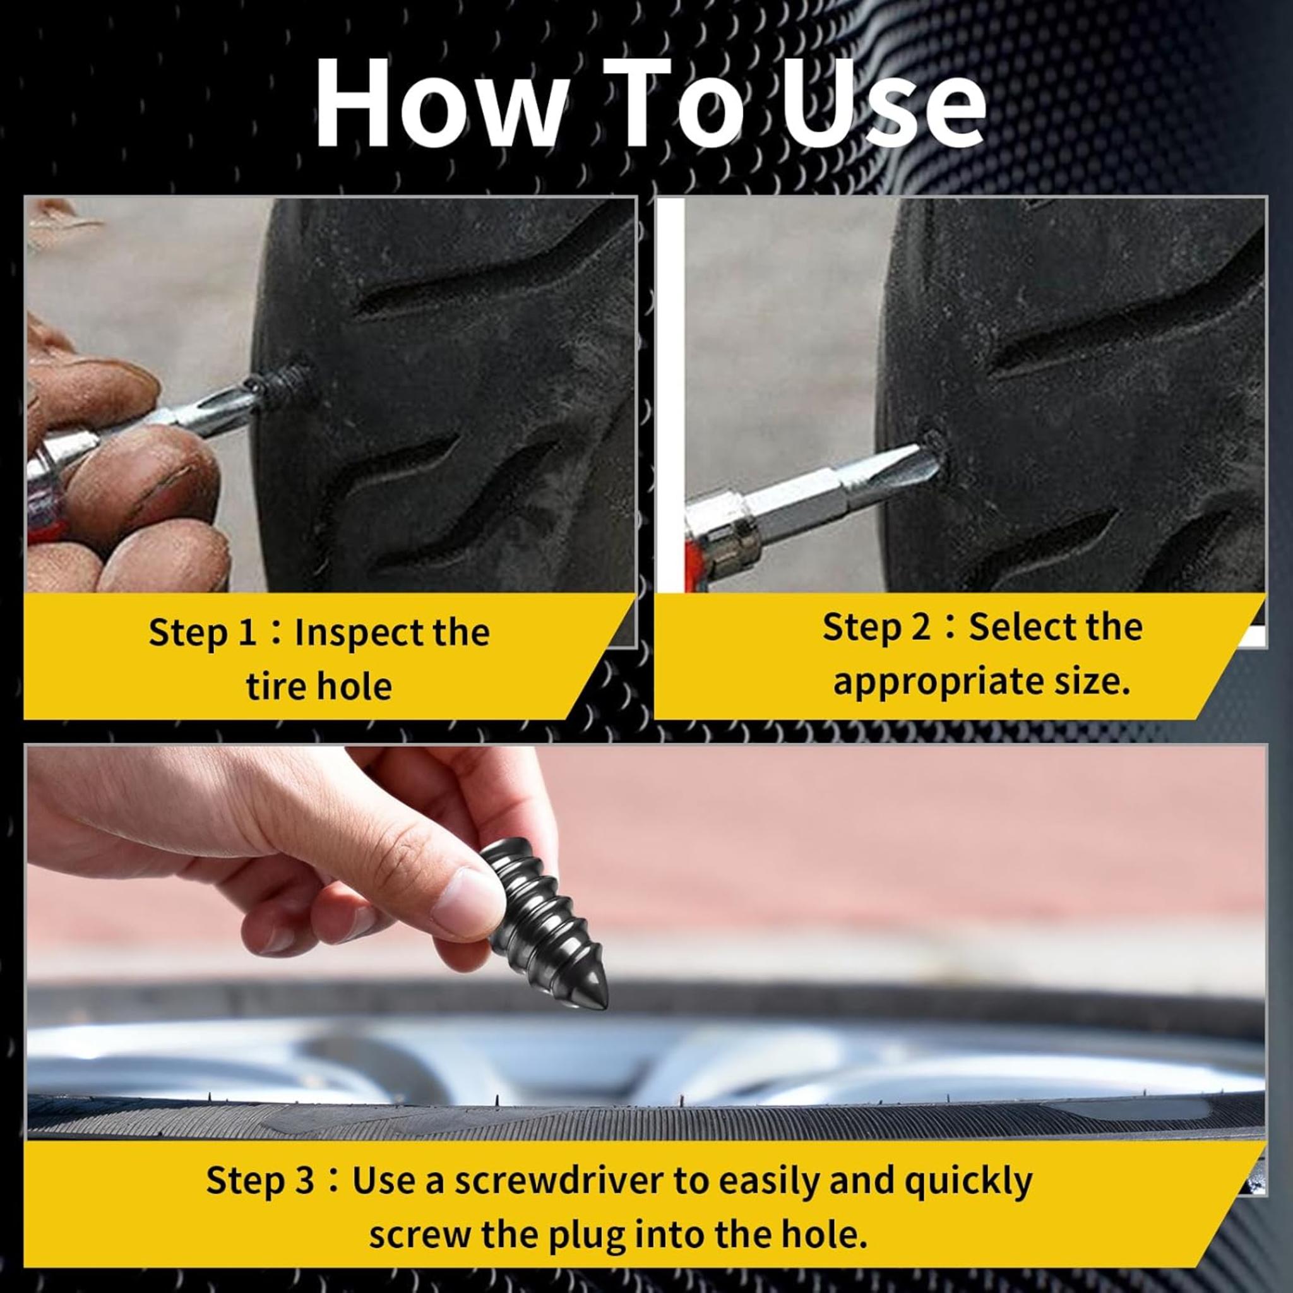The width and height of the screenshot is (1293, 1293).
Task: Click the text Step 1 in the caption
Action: pos(202,632)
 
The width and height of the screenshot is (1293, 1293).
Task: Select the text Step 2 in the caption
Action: pos(876,628)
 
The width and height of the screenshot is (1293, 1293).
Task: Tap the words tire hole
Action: pos(319,687)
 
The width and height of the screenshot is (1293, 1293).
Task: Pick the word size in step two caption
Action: pos(1090,682)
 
